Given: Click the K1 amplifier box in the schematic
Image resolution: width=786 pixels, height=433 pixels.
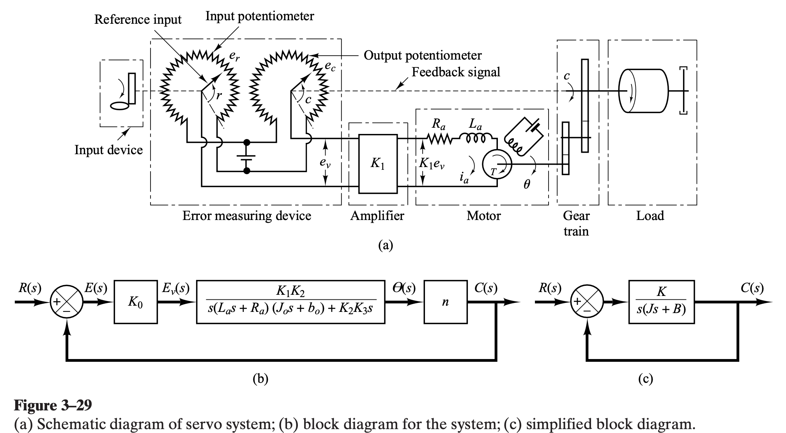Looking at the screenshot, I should point(377,164).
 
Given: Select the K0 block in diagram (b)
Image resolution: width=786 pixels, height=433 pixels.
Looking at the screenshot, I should point(136,302).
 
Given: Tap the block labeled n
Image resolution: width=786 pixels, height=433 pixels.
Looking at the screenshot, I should point(445,302).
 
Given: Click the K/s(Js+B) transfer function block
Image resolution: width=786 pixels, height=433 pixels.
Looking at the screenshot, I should point(661,302).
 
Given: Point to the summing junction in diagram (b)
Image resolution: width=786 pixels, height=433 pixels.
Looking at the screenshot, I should point(67,302).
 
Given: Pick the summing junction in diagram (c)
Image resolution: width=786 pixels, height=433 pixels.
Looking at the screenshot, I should point(587,302).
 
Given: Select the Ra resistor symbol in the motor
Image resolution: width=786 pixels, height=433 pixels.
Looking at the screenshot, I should point(439,138).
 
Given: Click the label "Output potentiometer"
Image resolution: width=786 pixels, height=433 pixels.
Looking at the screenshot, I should point(423,56).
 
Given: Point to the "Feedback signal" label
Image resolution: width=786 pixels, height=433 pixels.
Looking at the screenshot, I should point(456,72).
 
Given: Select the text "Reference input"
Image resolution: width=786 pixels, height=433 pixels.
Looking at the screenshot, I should point(138,19).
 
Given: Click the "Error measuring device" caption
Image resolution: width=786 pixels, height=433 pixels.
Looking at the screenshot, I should point(247,216).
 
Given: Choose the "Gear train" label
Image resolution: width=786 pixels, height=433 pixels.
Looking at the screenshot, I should point(576,224).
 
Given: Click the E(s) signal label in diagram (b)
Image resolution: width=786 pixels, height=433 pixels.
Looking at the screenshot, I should point(96,289).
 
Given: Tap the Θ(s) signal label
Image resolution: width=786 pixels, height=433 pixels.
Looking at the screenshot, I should point(405,289).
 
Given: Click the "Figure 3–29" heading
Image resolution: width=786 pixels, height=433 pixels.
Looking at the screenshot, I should point(53,405).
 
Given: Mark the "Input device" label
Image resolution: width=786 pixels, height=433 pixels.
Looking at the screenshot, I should point(109,150).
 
